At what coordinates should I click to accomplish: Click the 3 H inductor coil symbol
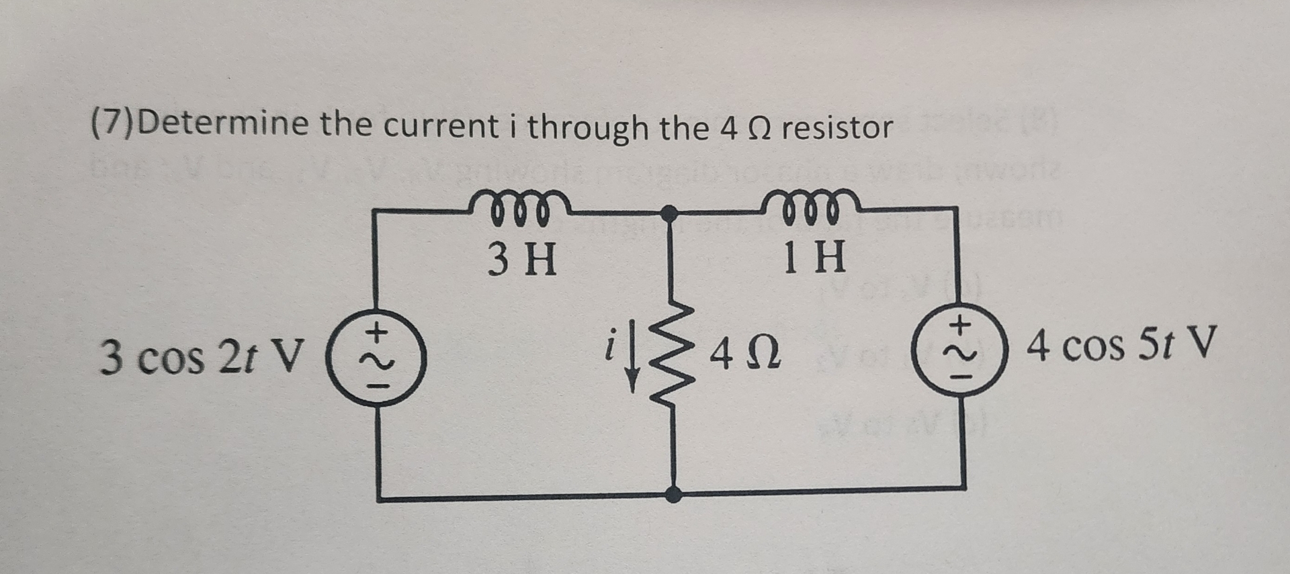(x=521, y=207)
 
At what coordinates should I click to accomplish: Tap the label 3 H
(x=522, y=259)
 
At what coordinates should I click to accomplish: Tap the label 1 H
(x=814, y=257)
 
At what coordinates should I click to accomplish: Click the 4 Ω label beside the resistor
(x=745, y=354)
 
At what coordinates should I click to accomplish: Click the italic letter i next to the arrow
(x=609, y=346)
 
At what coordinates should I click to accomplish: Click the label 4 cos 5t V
(x=1121, y=345)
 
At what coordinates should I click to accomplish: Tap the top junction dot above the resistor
(x=669, y=214)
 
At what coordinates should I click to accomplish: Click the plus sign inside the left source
(x=378, y=331)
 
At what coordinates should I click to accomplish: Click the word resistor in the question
(x=837, y=128)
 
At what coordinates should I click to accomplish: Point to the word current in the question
(x=441, y=126)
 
